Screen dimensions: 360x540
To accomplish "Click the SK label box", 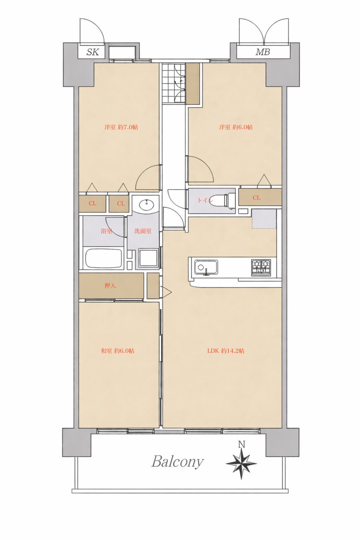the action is [x=92, y=52].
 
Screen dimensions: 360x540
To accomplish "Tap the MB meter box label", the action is [x=263, y=52].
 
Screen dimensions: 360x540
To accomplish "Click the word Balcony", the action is [x=178, y=462].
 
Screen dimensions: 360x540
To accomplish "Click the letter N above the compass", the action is [x=241, y=444].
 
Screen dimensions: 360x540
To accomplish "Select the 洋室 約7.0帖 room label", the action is [x=121, y=127].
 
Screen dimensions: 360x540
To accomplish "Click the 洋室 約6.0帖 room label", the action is [x=236, y=127].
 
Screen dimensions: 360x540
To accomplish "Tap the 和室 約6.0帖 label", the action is [x=117, y=351].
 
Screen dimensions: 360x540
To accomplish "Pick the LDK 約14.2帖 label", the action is [x=226, y=351].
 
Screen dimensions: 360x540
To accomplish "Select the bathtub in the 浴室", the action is [x=104, y=258].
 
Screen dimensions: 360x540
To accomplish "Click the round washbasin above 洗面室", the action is [x=146, y=206].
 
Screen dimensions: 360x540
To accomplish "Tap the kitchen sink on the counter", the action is [x=206, y=267].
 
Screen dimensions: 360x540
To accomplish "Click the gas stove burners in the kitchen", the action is [x=261, y=267].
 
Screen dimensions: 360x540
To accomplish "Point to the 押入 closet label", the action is [x=110, y=286].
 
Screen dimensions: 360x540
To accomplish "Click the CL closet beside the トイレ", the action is [x=260, y=197].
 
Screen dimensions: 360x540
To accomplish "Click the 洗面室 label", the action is [x=143, y=231].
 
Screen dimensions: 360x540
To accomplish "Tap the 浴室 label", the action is [x=106, y=231].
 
